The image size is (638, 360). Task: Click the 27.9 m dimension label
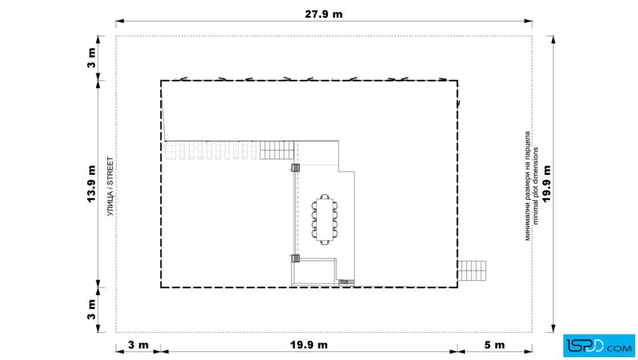(x=324, y=14)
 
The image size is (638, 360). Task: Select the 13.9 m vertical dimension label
(x=91, y=184)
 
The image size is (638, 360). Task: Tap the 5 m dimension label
(x=494, y=345)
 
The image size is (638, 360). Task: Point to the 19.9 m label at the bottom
(x=309, y=345)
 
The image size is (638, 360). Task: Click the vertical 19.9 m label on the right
(x=546, y=183)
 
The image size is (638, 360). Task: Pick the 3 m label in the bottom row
(x=138, y=345)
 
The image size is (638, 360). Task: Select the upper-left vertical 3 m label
(x=92, y=58)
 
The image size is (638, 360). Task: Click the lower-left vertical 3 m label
(x=92, y=309)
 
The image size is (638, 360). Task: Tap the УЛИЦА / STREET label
(x=111, y=186)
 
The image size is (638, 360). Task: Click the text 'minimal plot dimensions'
(x=535, y=186)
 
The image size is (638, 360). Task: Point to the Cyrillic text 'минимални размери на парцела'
(x=527, y=186)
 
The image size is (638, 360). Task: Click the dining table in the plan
(x=325, y=220)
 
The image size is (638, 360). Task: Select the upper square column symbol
(x=296, y=167)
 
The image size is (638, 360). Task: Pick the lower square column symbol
(x=296, y=258)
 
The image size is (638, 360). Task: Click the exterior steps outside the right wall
(x=472, y=271)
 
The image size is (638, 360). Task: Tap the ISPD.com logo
(x=599, y=346)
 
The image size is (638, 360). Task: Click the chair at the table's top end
(x=325, y=197)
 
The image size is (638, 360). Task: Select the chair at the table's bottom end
(x=325, y=243)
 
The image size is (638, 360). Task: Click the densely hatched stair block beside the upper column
(x=277, y=150)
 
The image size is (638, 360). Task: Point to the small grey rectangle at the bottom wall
(x=344, y=282)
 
